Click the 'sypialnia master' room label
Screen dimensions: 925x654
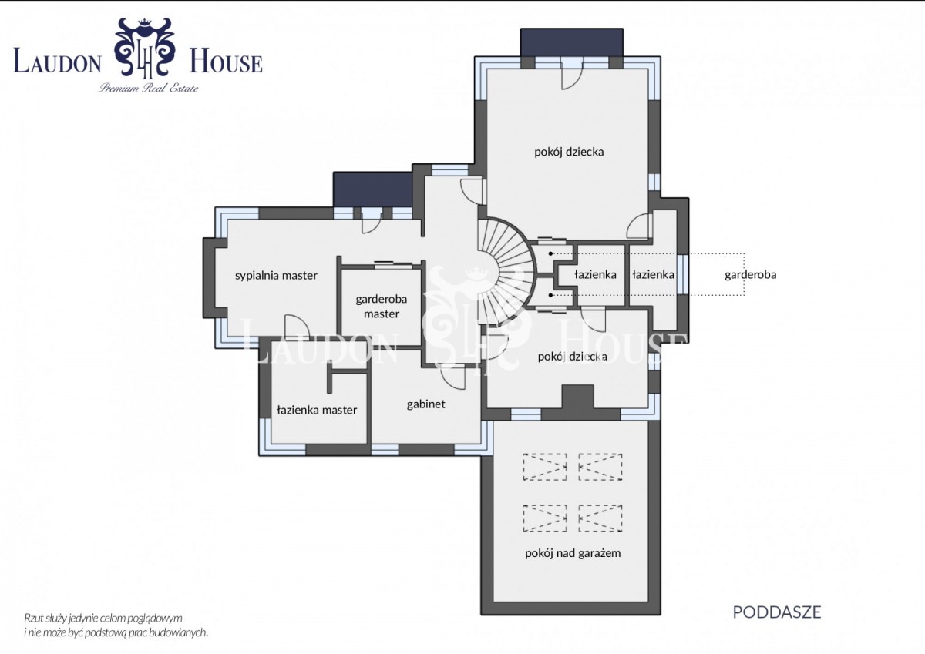pyautogui.click(x=276, y=276)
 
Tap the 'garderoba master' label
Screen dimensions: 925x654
pyautogui.click(x=381, y=306)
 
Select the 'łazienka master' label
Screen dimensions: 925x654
pyautogui.click(x=317, y=410)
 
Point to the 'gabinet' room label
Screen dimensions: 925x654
pyautogui.click(x=425, y=404)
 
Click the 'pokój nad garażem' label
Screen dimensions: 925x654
pyautogui.click(x=573, y=553)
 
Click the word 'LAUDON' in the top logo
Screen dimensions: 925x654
pyautogui.click(x=57, y=61)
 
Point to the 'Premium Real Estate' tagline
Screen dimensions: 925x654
pyautogui.click(x=148, y=88)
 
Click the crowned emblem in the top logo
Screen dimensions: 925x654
pyautogui.click(x=145, y=47)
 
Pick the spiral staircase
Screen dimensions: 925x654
pyautogui.click(x=506, y=273)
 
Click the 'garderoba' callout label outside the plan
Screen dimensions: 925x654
pyautogui.click(x=750, y=274)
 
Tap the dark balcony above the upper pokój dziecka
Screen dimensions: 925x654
pyautogui.click(x=571, y=42)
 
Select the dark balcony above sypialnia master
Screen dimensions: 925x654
pyautogui.click(x=372, y=189)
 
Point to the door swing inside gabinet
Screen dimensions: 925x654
pyautogui.click(x=452, y=377)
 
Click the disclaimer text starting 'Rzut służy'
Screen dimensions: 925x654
pyautogui.click(x=116, y=625)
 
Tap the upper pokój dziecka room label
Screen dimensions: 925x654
pyautogui.click(x=569, y=152)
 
